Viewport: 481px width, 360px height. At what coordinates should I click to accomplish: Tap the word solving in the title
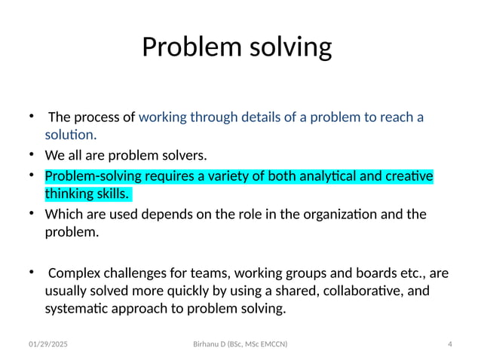pyautogui.click(x=288, y=48)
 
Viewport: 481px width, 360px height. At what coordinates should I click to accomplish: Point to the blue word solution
pyautogui.click(x=70, y=136)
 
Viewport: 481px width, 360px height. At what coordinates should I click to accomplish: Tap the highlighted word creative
pyautogui.click(x=409, y=177)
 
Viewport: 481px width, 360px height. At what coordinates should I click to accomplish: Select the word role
pyautogui.click(x=247, y=215)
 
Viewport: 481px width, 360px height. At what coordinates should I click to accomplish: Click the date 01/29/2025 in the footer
pyautogui.click(x=47, y=345)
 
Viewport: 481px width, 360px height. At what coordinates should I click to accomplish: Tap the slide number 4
pyautogui.click(x=449, y=345)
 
